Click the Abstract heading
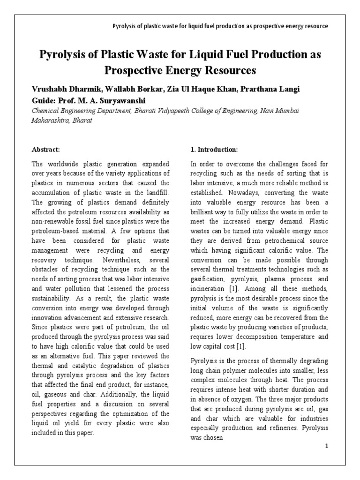click(x=45, y=150)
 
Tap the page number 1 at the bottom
click(x=327, y=446)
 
